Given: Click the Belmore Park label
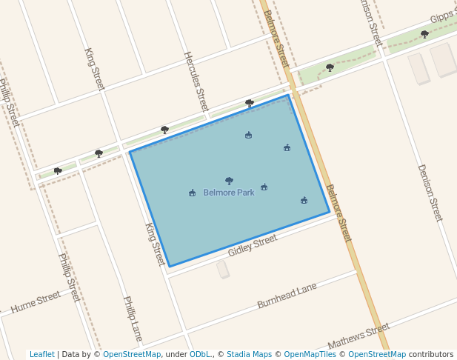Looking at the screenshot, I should [x=229, y=193].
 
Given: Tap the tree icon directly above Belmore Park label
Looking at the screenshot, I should [x=229, y=181].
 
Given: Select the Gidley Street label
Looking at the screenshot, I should [x=253, y=245].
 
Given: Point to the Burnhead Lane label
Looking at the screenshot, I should [x=287, y=296].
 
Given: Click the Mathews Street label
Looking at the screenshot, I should [x=358, y=336].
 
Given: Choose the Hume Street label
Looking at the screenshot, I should [x=36, y=302].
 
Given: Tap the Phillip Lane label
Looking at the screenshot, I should [x=133, y=319].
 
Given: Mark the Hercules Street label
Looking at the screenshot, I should [x=196, y=81].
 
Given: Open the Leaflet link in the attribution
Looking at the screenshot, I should [x=41, y=355].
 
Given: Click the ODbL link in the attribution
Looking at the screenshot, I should [x=200, y=355].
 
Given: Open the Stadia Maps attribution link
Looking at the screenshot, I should [x=249, y=355].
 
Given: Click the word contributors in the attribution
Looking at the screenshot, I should [x=430, y=355].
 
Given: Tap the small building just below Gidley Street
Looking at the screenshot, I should [x=222, y=269].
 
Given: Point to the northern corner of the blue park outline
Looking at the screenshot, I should [x=288, y=95].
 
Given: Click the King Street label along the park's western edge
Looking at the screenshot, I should [x=155, y=244].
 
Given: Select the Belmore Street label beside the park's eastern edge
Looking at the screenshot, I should [x=338, y=213].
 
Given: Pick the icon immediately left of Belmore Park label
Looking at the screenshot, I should [x=193, y=193].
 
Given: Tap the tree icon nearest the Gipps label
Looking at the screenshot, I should [x=424, y=34].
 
